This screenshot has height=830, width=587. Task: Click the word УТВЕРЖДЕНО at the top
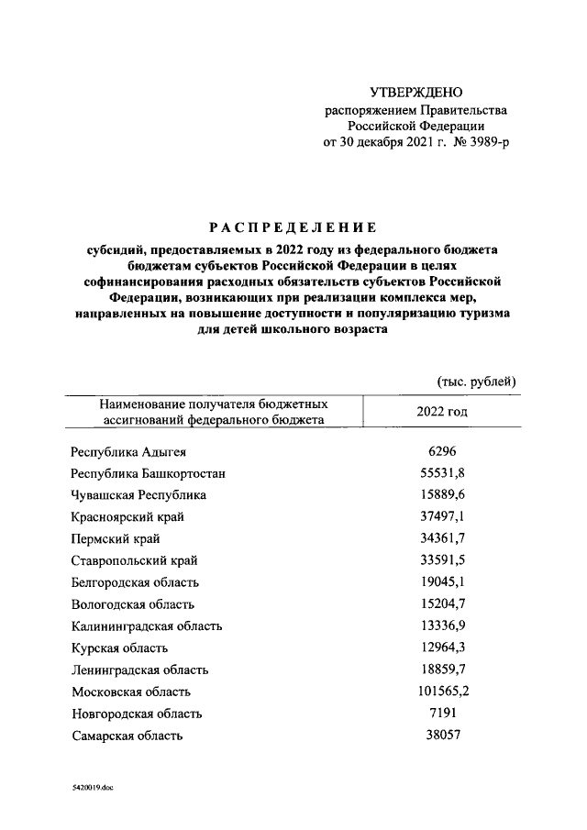(x=415, y=93)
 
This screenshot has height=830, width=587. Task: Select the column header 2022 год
(x=442, y=412)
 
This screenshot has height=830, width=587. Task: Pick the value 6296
(x=442, y=452)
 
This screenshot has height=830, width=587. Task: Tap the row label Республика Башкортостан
(x=149, y=473)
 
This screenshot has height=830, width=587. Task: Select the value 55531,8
(x=442, y=473)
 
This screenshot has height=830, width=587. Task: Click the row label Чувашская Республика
(x=138, y=495)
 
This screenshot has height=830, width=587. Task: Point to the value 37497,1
(x=442, y=516)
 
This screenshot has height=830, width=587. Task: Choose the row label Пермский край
(x=115, y=538)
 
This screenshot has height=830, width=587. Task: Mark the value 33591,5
(x=442, y=560)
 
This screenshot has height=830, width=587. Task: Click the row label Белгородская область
(x=135, y=582)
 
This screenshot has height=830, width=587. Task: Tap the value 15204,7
(x=442, y=604)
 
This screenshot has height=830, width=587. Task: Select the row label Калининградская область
(x=146, y=626)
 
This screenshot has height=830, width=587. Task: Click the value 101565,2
(x=442, y=692)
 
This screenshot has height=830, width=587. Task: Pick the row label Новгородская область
(x=136, y=714)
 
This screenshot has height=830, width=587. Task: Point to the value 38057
(x=442, y=736)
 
